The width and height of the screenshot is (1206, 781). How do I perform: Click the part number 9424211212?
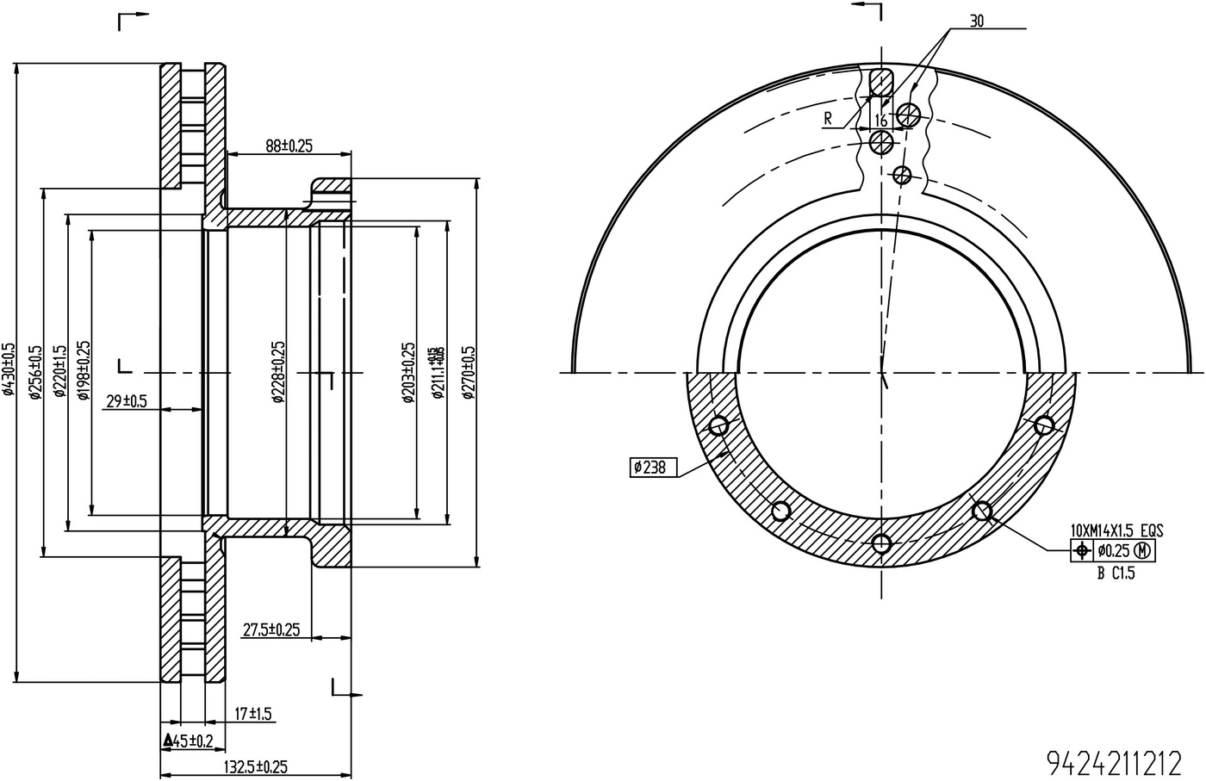click(x=1113, y=762)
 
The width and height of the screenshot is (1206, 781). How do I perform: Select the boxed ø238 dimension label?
click(x=653, y=468)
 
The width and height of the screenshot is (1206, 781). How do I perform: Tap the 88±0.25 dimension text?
click(x=288, y=146)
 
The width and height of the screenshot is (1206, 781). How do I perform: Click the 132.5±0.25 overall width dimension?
click(x=255, y=766)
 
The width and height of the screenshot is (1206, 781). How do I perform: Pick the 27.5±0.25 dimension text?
click(x=270, y=629)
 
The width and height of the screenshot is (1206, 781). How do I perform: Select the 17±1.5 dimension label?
click(x=253, y=714)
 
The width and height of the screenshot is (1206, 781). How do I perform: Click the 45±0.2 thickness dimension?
click(x=188, y=741)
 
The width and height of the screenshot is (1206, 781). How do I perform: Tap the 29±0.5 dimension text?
click(x=126, y=400)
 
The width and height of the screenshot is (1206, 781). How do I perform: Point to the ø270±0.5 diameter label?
click(x=468, y=372)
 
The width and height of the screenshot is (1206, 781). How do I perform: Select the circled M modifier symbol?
click(x=1143, y=549)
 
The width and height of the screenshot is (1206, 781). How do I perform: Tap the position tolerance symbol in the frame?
click(x=1081, y=549)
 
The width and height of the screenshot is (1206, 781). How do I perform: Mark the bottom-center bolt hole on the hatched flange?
click(x=880, y=543)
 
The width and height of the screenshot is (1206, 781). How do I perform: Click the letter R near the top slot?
click(x=828, y=119)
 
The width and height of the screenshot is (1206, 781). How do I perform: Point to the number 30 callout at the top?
click(x=976, y=22)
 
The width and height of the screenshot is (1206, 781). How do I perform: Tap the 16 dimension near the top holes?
click(x=881, y=120)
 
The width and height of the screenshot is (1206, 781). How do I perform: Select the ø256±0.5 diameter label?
click(x=35, y=372)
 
